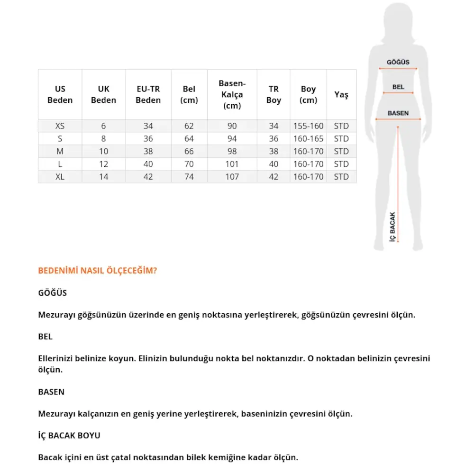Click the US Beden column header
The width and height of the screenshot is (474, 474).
(60, 94)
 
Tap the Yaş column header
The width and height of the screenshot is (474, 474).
(341, 94)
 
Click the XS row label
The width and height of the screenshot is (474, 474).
(60, 126)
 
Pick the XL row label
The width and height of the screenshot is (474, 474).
(60, 177)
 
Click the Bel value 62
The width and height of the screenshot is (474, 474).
(189, 126)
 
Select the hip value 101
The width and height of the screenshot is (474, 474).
(232, 164)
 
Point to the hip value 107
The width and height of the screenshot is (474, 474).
(232, 177)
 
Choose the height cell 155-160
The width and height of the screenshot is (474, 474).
(308, 126)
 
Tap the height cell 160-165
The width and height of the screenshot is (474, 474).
(308, 139)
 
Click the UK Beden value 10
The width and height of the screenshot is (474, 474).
(103, 152)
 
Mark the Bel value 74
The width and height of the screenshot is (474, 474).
(189, 177)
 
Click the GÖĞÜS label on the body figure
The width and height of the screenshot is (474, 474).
(398, 62)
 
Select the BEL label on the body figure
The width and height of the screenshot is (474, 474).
(398, 87)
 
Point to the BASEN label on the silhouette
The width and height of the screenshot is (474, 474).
(398, 114)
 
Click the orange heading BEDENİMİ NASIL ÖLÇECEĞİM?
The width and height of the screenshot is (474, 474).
(97, 271)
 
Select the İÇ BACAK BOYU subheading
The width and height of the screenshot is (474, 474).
(69, 435)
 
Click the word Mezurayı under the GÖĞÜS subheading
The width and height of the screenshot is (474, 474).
(56, 315)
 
